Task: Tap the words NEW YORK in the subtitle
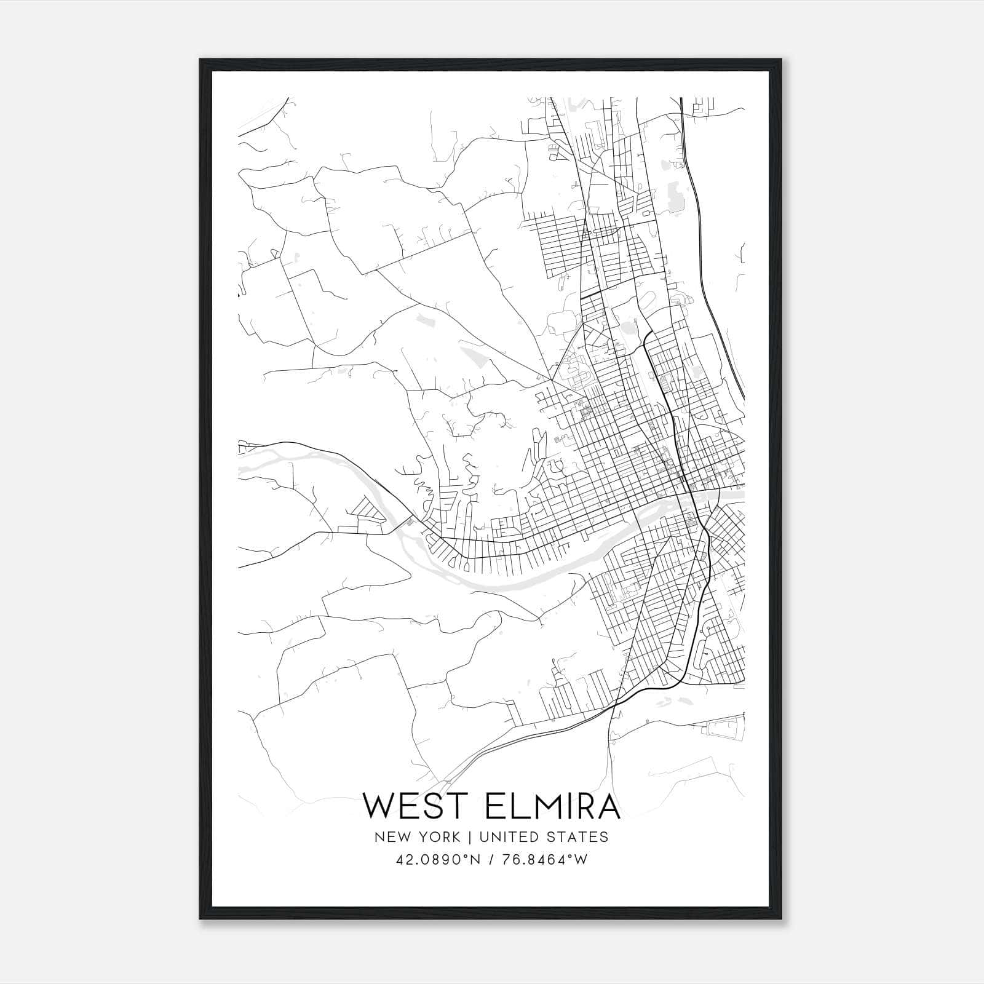click(x=416, y=837)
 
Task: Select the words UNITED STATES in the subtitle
click(x=544, y=837)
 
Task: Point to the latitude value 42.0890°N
click(x=435, y=859)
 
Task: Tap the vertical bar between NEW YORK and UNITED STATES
click(x=469, y=837)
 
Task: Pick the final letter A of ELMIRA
click(x=607, y=806)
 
